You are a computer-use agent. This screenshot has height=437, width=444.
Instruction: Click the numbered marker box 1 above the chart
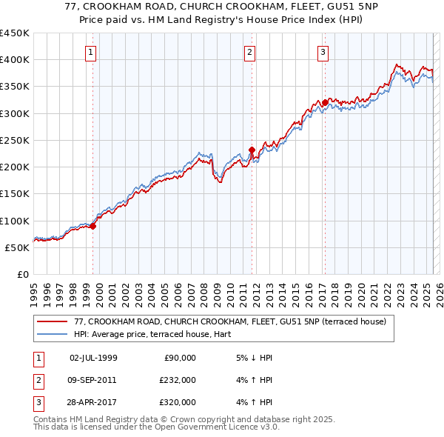pos(90,52)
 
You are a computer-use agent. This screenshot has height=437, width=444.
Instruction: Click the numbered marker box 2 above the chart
pos(250,52)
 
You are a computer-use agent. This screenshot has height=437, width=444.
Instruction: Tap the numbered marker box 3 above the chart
pos(323,52)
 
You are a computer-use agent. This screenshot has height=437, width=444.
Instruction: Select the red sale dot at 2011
pos(252,150)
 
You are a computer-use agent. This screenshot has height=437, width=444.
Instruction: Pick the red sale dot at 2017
pos(325,102)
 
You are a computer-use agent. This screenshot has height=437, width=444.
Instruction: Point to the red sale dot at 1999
pos(92,226)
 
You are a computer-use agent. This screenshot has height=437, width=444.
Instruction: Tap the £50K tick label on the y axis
pos(17,247)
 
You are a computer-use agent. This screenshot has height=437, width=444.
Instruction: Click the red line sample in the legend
pos(53,322)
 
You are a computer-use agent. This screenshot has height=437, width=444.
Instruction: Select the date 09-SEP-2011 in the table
pos(92,380)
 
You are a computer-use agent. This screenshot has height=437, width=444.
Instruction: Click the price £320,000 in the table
pos(177,402)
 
